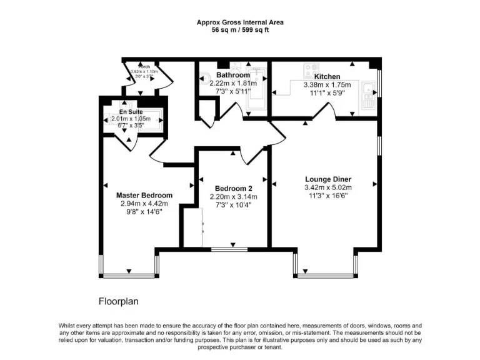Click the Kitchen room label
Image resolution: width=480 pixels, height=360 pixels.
coord(327,76)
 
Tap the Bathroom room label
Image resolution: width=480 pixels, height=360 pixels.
coord(233,75)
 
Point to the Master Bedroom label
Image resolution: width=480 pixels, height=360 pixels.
coord(144,195)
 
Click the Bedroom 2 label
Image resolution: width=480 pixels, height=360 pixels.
coord(234,189)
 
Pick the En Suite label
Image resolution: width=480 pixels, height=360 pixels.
coord(131,112)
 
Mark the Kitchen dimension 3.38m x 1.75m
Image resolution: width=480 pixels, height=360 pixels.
coord(327,84)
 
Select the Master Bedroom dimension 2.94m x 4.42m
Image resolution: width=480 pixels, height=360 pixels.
coord(144,203)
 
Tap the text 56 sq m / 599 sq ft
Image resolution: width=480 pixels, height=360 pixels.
coord(240,30)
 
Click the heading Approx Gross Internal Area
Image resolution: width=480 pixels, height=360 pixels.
coord(240,22)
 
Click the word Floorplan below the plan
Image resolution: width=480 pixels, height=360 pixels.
coord(118,301)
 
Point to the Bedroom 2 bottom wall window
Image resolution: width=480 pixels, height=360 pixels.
coord(229,249)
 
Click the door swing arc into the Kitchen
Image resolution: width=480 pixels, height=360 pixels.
coord(324,112)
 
